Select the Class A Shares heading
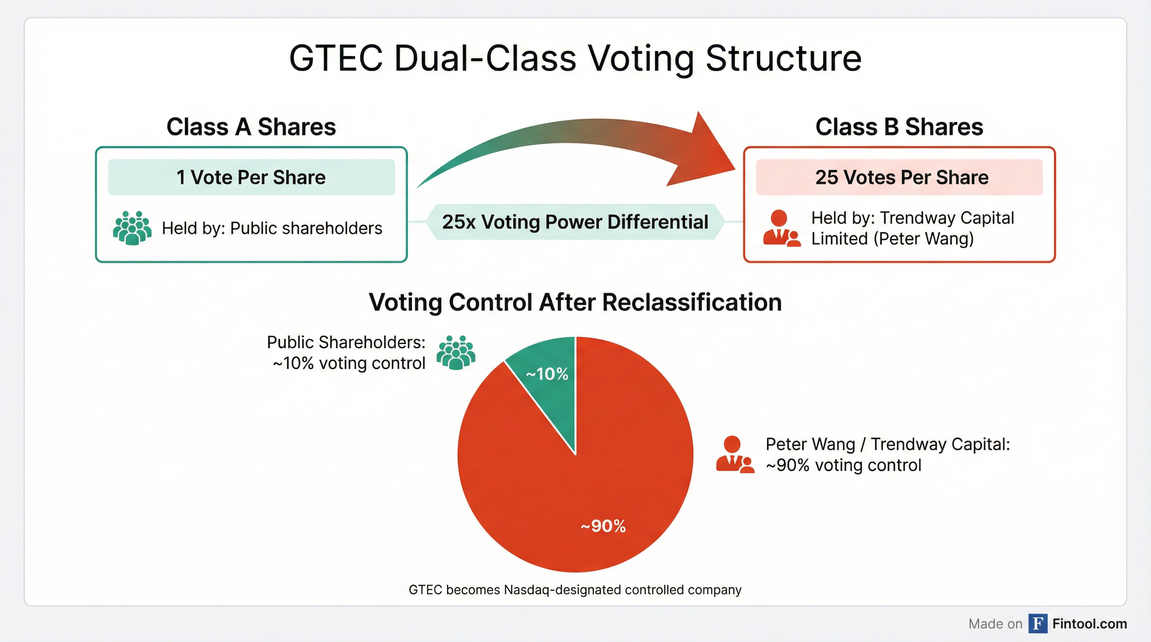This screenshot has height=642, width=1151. [251, 127]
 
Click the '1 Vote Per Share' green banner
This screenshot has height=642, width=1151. [251, 177]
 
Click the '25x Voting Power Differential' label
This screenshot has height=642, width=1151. [575, 222]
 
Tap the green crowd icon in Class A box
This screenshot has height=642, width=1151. [132, 228]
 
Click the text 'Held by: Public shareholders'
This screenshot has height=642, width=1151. [272, 228]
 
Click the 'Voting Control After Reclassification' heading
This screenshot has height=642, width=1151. [575, 302]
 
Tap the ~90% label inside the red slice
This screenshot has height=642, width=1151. [603, 526]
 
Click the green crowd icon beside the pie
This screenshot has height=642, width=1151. [456, 352]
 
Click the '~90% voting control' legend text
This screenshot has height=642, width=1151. [843, 465]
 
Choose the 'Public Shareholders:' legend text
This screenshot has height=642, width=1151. [346, 342]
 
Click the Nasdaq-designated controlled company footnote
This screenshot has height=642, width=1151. [575, 590]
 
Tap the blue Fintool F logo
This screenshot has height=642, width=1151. [1038, 623]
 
